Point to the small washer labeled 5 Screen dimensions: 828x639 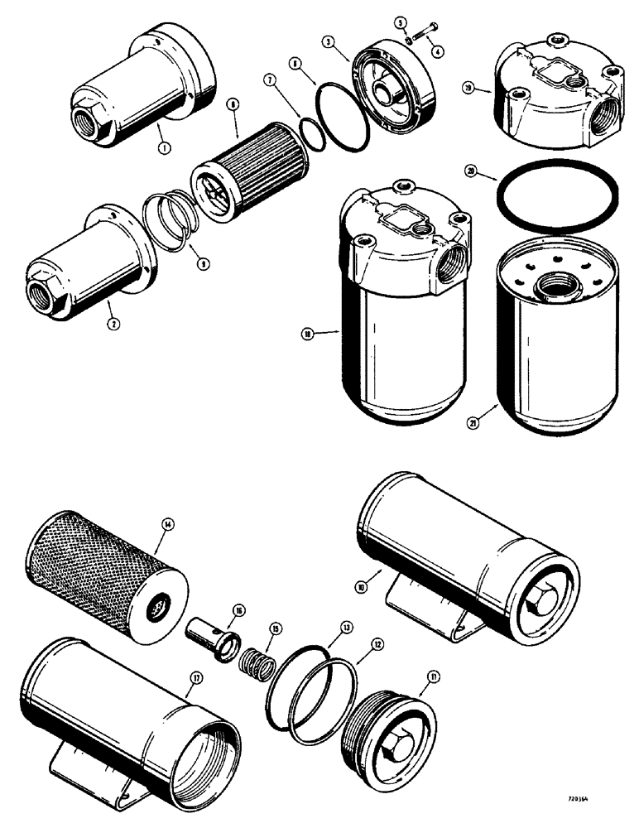(x=409, y=36)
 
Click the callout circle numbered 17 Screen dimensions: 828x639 (x=195, y=676)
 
